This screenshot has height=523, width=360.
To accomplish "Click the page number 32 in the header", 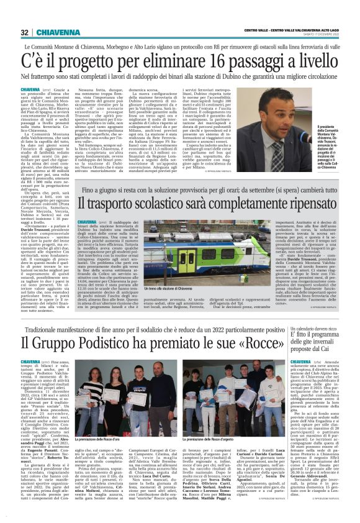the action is click(24, 32).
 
